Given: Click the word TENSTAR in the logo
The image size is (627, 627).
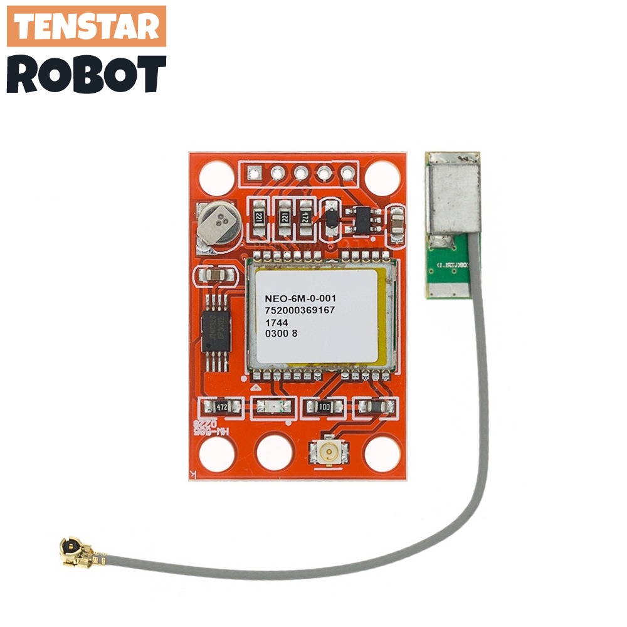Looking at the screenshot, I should tap(87, 26).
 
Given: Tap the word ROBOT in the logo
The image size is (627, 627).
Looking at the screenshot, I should tap(87, 74).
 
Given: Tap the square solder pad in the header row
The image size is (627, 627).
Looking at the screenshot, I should tap(255, 171).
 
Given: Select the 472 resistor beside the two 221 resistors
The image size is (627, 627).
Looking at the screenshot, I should tap(305, 217).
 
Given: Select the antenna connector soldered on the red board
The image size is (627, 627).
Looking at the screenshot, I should tap(327, 450).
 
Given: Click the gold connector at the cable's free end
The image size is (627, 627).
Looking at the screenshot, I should tap(73, 550).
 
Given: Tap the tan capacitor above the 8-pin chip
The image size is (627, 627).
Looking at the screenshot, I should tap(216, 274).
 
